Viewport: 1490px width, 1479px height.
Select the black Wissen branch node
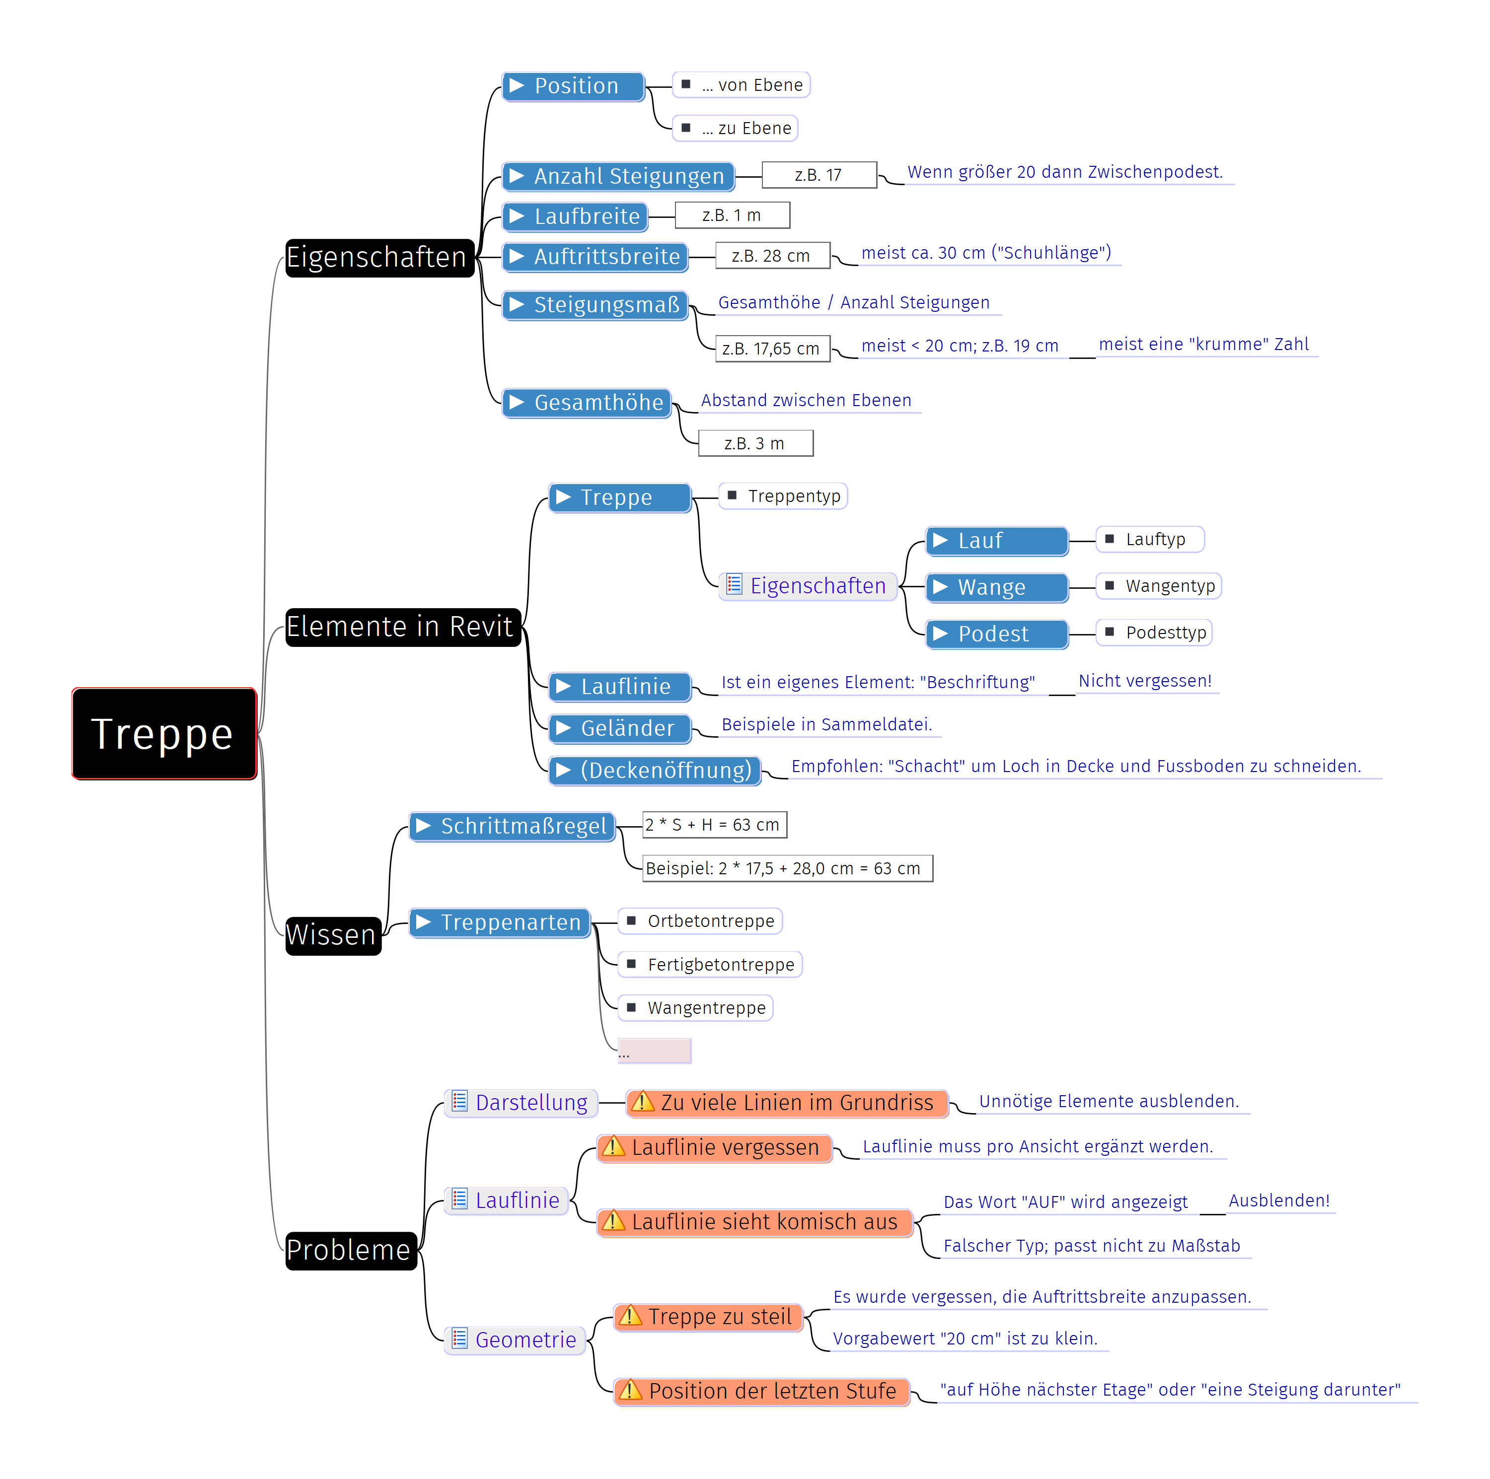pyautogui.click(x=332, y=935)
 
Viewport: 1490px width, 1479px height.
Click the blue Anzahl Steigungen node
pyautogui.click(x=618, y=177)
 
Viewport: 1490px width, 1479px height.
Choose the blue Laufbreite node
pyautogui.click(x=575, y=216)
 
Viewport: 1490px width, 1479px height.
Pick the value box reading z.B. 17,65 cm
pyautogui.click(x=772, y=349)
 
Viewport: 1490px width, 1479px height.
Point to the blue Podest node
pyautogui.click(x=996, y=634)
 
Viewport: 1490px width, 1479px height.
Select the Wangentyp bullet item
pyautogui.click(x=1161, y=586)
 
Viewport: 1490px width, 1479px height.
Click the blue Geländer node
pyautogui.click(x=619, y=728)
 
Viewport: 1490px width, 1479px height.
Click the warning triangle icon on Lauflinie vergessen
pyautogui.click(x=613, y=1147)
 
